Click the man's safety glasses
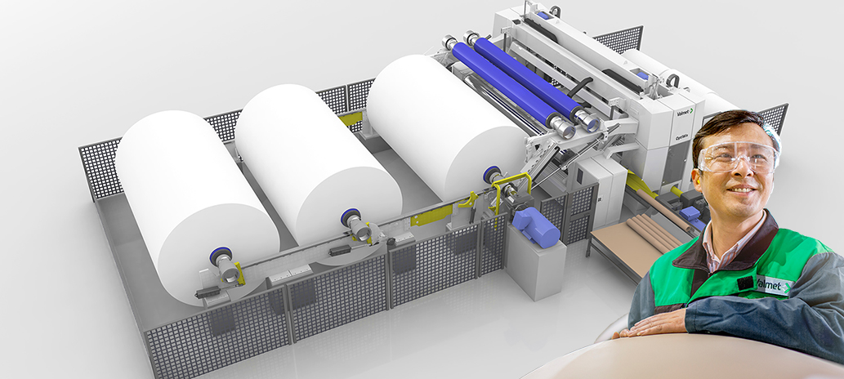(735, 156)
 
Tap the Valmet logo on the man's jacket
(773, 285)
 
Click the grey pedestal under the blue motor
(535, 265)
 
